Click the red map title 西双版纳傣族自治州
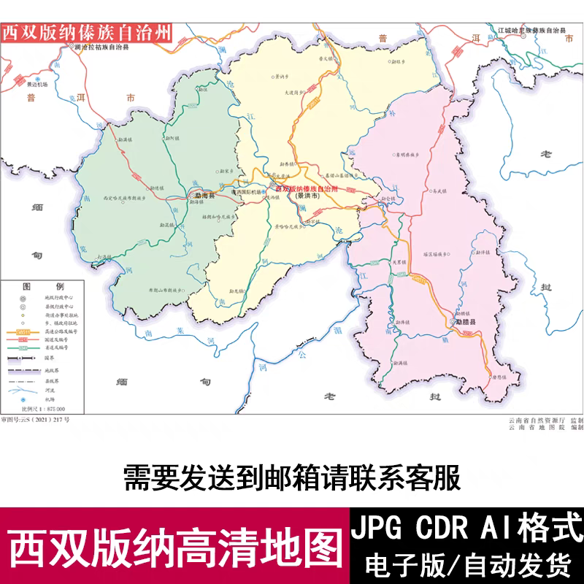coord(87,34)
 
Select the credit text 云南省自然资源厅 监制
coord(545,421)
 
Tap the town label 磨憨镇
coord(499,377)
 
